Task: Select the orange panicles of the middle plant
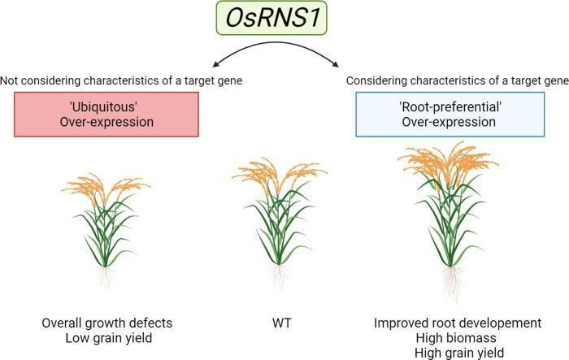click(x=279, y=172)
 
